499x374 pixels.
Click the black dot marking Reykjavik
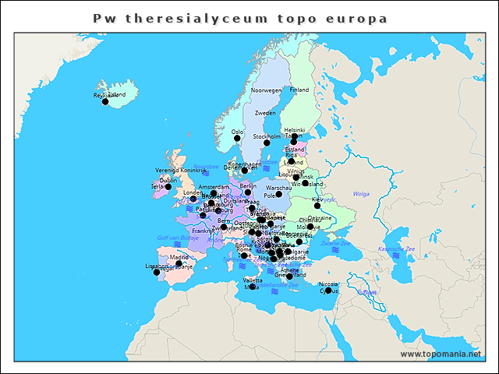(105, 101)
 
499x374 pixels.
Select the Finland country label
(299, 90)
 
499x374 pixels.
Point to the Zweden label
(265, 113)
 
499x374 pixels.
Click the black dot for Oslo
(237, 139)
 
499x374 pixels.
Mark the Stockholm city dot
(267, 143)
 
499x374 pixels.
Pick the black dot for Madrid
(179, 263)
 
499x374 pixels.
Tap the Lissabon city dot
(157, 272)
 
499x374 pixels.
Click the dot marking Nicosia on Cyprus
(328, 290)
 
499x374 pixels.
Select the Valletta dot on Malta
(253, 287)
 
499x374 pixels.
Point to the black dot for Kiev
(317, 206)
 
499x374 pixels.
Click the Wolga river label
(361, 193)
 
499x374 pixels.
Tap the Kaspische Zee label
(393, 249)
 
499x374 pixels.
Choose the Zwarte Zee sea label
(336, 243)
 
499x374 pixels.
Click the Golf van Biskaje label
(174, 237)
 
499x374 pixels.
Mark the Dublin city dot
(168, 186)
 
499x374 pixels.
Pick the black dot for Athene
(289, 276)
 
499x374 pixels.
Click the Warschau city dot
(278, 194)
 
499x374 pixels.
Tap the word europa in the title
(355, 17)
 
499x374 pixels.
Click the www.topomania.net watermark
(441, 354)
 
